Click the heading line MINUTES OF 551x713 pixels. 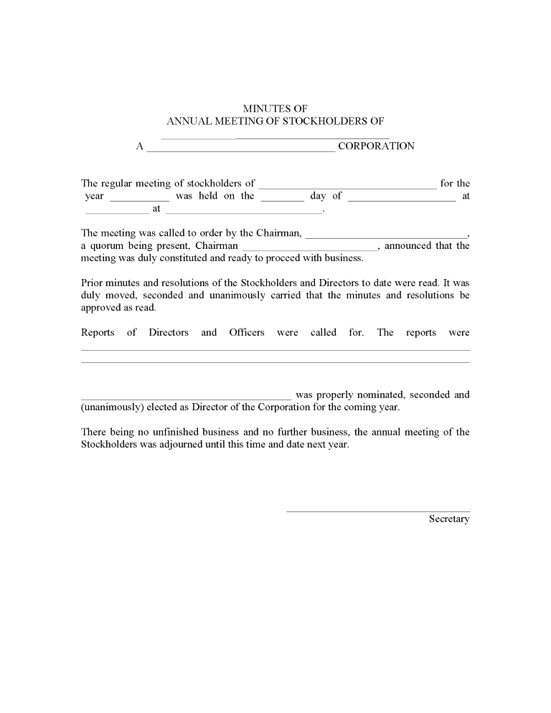click(275, 108)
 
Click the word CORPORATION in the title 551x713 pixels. click(376, 146)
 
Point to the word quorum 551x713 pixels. click(107, 245)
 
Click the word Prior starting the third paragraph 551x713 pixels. click(93, 283)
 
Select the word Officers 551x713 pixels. click(247, 332)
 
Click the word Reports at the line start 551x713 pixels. click(98, 332)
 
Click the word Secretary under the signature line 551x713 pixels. click(449, 519)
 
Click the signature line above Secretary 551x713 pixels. click(378, 511)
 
